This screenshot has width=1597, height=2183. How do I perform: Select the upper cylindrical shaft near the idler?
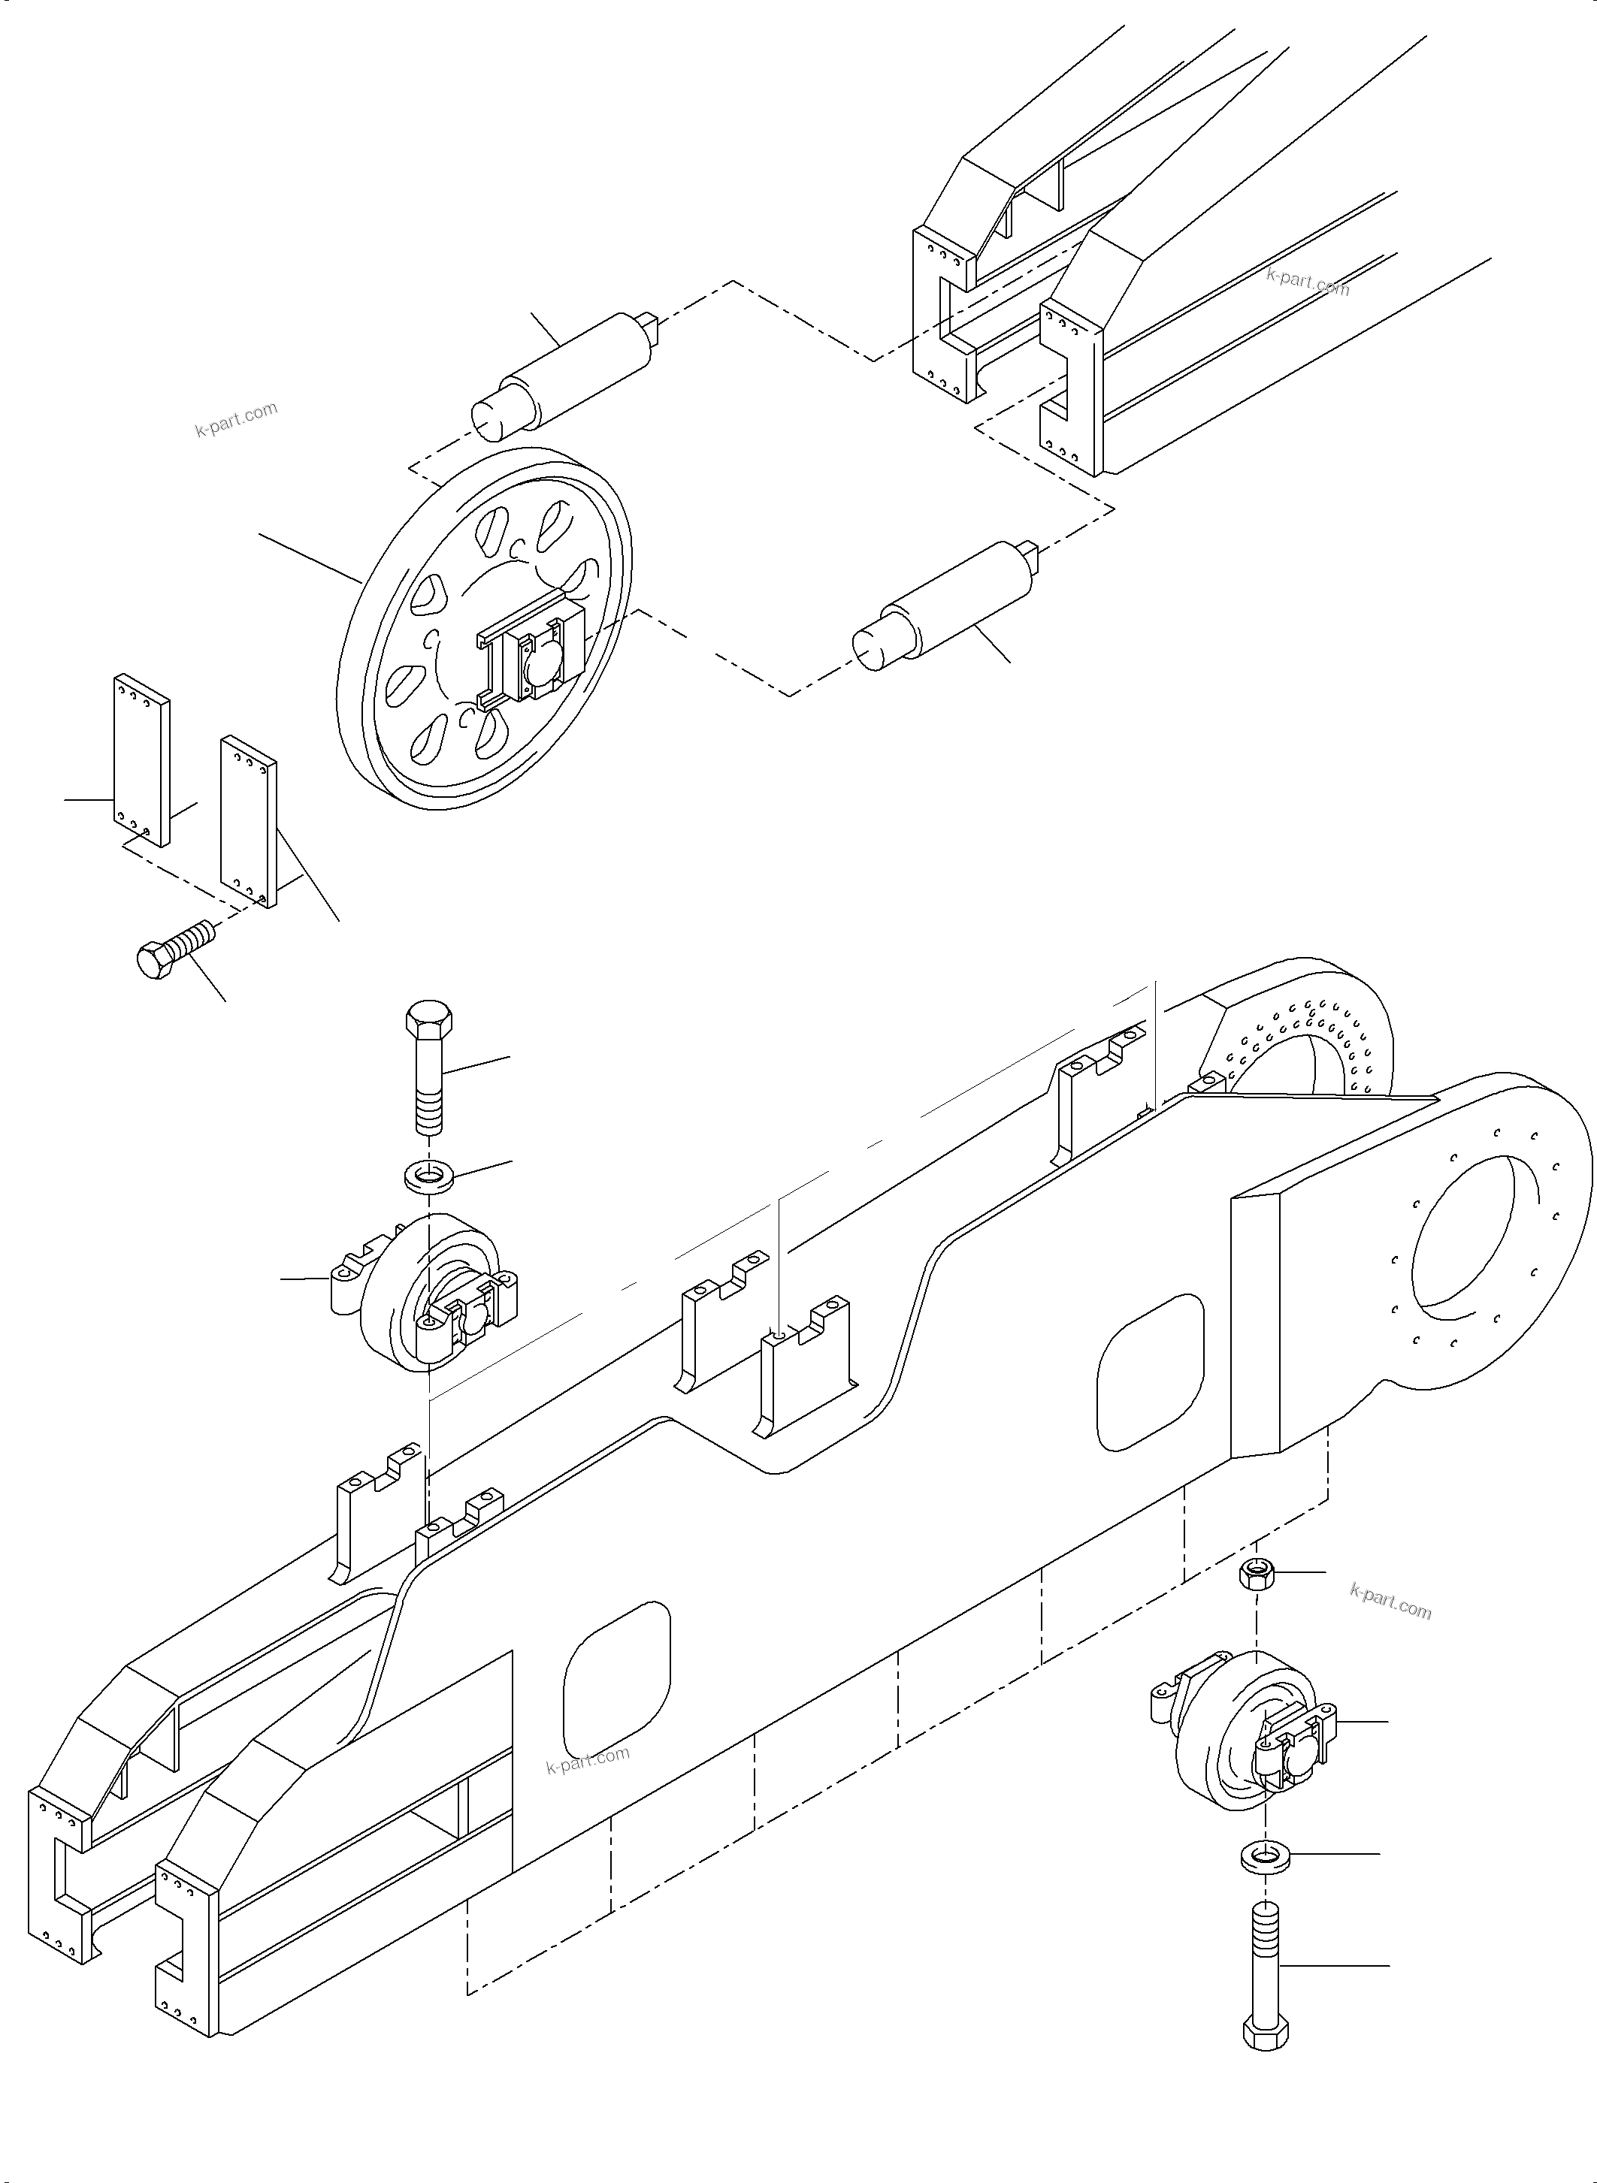(x=570, y=371)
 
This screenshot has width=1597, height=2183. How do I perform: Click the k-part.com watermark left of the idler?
(x=236, y=418)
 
